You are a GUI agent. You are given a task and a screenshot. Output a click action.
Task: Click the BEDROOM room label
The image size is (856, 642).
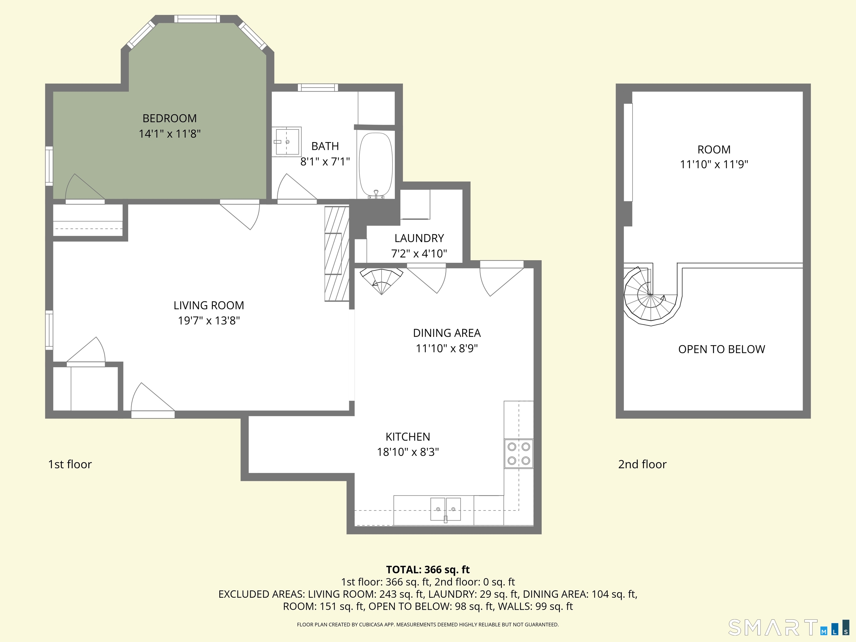[169, 118]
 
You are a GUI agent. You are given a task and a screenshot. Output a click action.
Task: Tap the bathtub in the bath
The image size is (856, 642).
[376, 166]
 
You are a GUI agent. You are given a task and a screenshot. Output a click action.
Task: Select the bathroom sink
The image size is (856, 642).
[286, 142]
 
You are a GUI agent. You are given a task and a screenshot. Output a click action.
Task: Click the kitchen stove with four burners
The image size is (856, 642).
[519, 454]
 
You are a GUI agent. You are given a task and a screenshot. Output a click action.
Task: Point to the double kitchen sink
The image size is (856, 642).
[445, 510]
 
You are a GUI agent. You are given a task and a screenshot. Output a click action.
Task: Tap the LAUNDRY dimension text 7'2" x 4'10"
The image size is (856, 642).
[419, 254]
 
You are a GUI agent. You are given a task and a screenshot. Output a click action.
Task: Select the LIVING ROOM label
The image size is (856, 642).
[209, 305]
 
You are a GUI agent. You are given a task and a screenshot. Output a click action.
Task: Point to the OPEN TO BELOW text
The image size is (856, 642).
[722, 349]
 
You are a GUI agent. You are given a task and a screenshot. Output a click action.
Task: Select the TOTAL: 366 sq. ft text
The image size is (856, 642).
[428, 569]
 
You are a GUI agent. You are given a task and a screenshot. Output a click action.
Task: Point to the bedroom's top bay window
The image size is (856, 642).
[197, 19]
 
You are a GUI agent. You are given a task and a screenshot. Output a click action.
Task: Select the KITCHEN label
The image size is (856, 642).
[408, 437]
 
